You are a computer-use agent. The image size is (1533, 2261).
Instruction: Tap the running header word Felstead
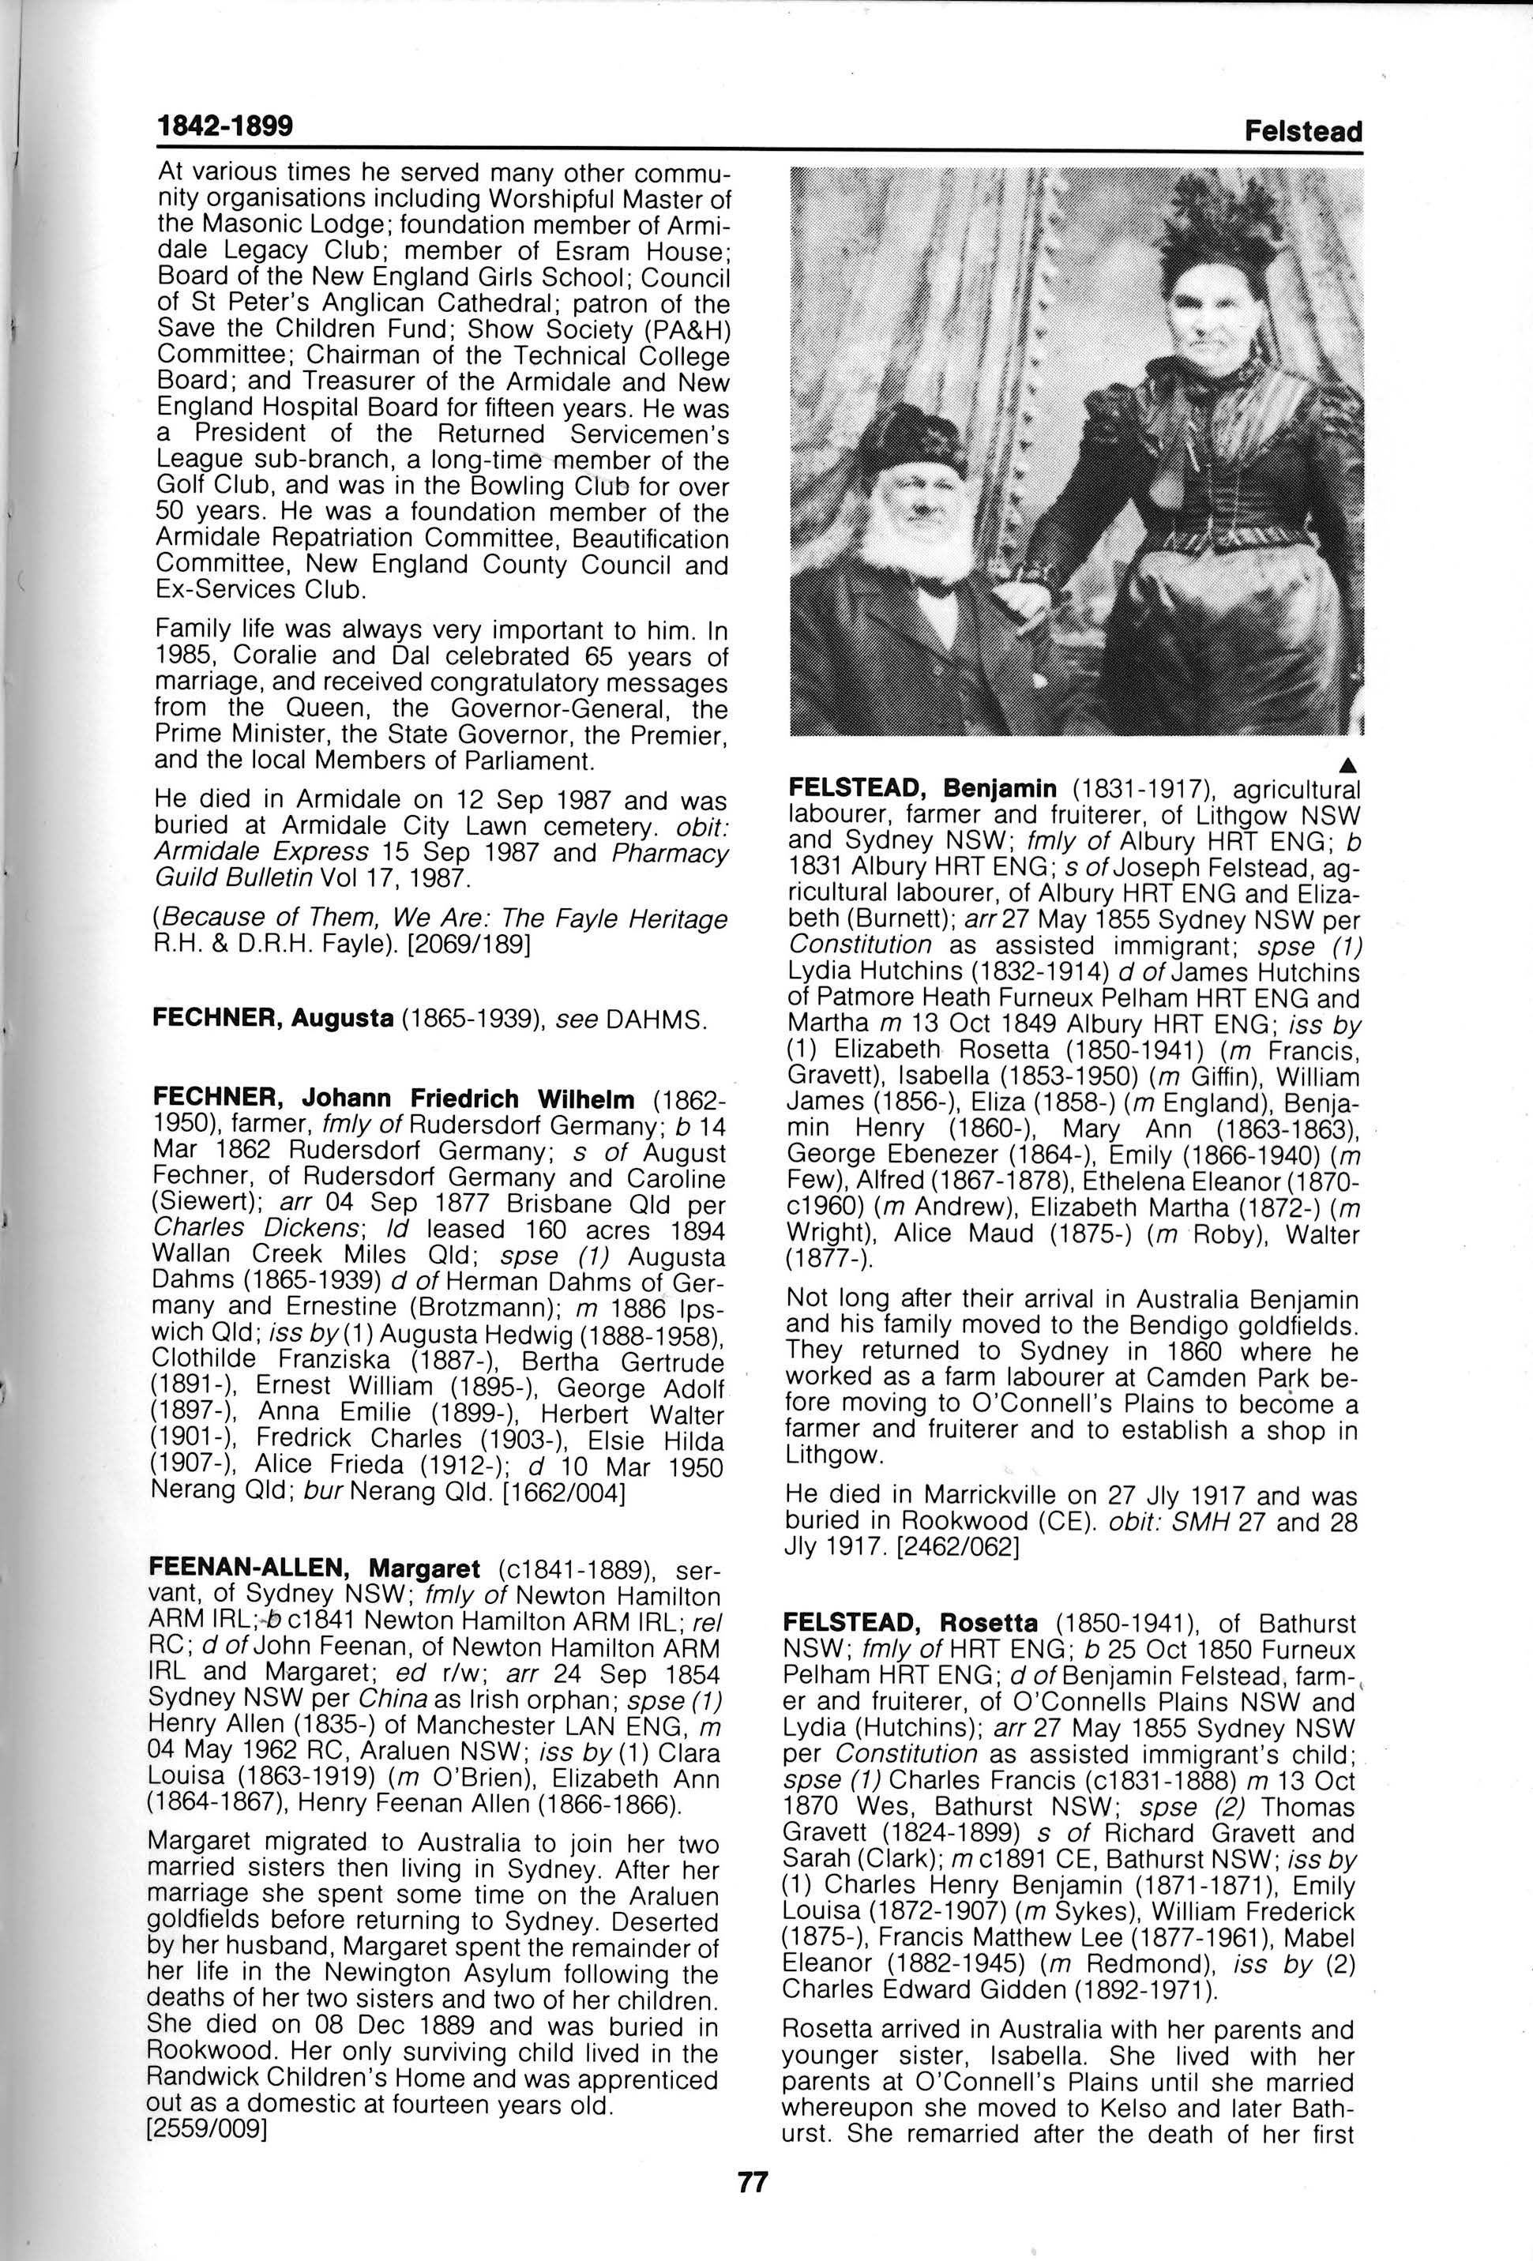[x=1302, y=131]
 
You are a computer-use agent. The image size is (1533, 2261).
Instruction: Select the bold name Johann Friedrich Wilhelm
[x=468, y=1099]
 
